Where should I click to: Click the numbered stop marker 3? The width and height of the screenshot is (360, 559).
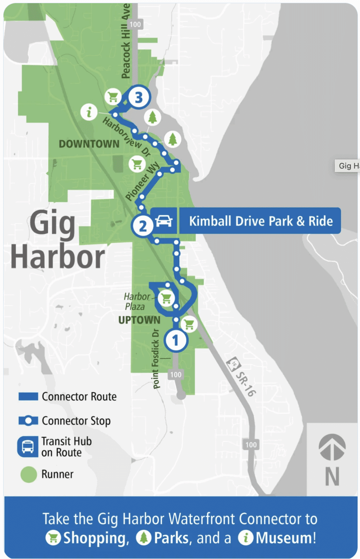(139, 97)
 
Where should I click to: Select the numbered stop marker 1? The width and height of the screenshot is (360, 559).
(176, 340)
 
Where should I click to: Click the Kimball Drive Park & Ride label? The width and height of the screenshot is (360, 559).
(261, 221)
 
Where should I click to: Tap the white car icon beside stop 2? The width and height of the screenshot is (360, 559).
(164, 221)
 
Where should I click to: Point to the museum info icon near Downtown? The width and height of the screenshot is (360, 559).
(89, 112)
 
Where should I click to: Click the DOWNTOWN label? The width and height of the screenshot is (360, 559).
(89, 144)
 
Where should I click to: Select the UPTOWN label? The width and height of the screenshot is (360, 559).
(139, 320)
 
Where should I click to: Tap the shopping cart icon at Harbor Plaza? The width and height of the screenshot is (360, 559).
(166, 298)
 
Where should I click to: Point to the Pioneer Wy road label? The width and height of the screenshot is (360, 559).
(142, 182)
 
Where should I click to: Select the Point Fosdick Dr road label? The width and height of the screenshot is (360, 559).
(156, 359)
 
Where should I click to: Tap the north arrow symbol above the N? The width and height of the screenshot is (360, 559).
(332, 447)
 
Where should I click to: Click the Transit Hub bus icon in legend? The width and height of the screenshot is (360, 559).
(28, 447)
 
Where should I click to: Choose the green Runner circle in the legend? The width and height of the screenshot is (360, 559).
(28, 475)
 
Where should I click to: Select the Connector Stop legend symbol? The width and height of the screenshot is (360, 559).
(28, 421)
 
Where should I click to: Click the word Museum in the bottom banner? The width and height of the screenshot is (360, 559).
(285, 538)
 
